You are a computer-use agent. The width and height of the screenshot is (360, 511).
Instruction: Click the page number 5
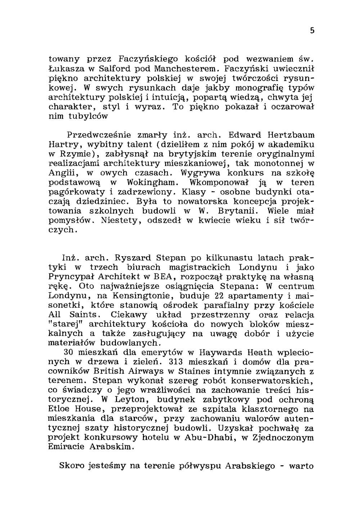pos(312,31)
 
